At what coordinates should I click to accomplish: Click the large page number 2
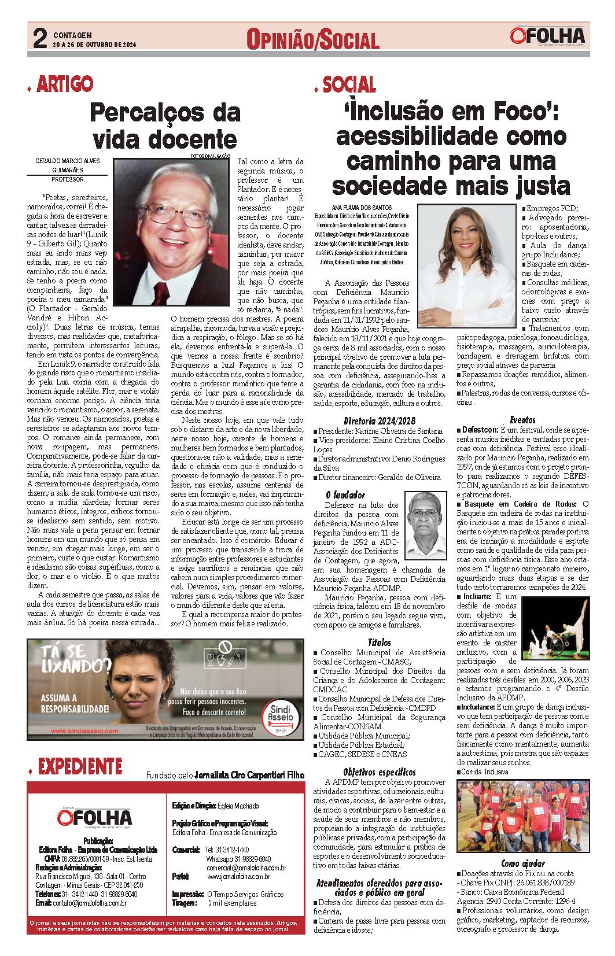(39, 38)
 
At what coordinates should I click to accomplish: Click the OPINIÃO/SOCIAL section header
(312, 40)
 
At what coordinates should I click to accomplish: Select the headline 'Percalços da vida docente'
(165, 125)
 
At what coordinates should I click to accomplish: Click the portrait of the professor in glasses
(174, 231)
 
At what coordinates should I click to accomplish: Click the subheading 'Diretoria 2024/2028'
(379, 420)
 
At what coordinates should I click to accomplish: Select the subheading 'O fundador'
(345, 494)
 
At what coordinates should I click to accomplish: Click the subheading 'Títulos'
(380, 642)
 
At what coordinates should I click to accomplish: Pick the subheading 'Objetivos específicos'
(379, 772)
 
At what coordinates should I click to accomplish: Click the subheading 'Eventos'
(522, 420)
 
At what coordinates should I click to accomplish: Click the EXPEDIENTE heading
(80, 766)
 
